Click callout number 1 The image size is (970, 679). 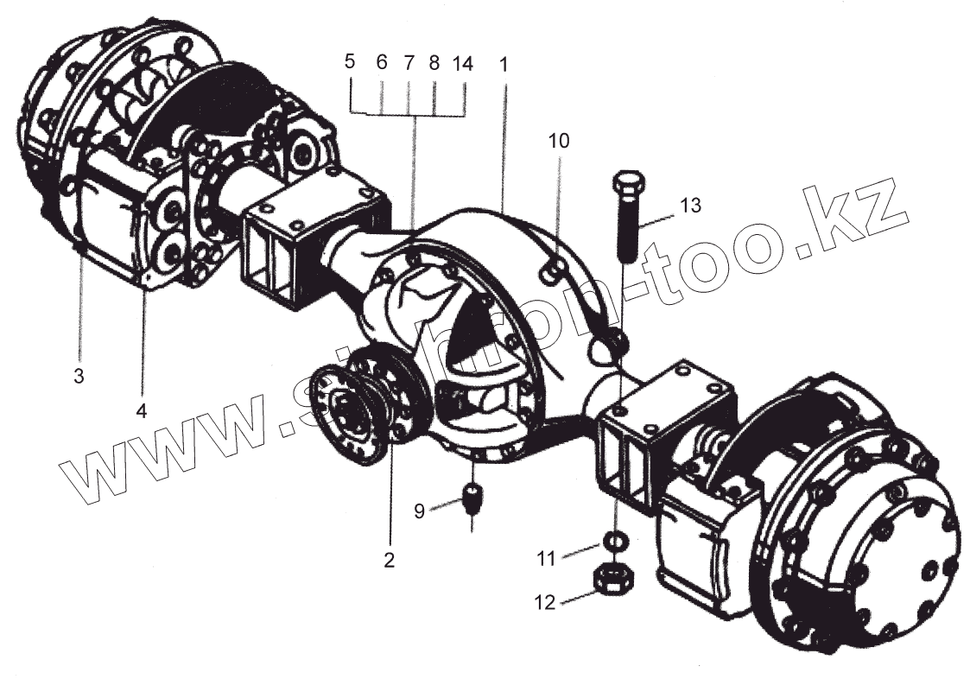pyautogui.click(x=504, y=64)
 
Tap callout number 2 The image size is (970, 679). pyautogui.click(x=389, y=561)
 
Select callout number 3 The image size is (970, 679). pyautogui.click(x=79, y=377)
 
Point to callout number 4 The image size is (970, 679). pyautogui.click(x=142, y=409)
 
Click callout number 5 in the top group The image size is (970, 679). pyautogui.click(x=350, y=62)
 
